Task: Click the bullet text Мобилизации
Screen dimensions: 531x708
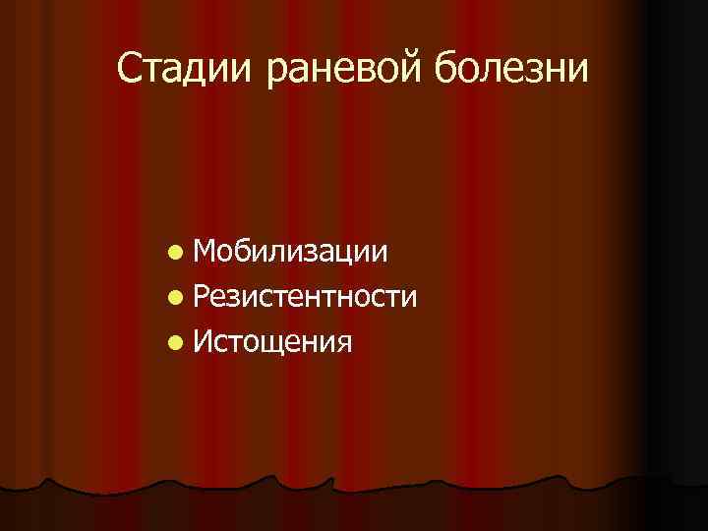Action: click(290, 253)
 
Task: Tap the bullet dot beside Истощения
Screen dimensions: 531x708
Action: click(174, 342)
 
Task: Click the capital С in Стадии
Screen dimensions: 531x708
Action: click(129, 68)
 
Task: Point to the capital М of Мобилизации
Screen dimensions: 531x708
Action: click(207, 253)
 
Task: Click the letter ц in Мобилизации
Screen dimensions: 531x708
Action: click(346, 255)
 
